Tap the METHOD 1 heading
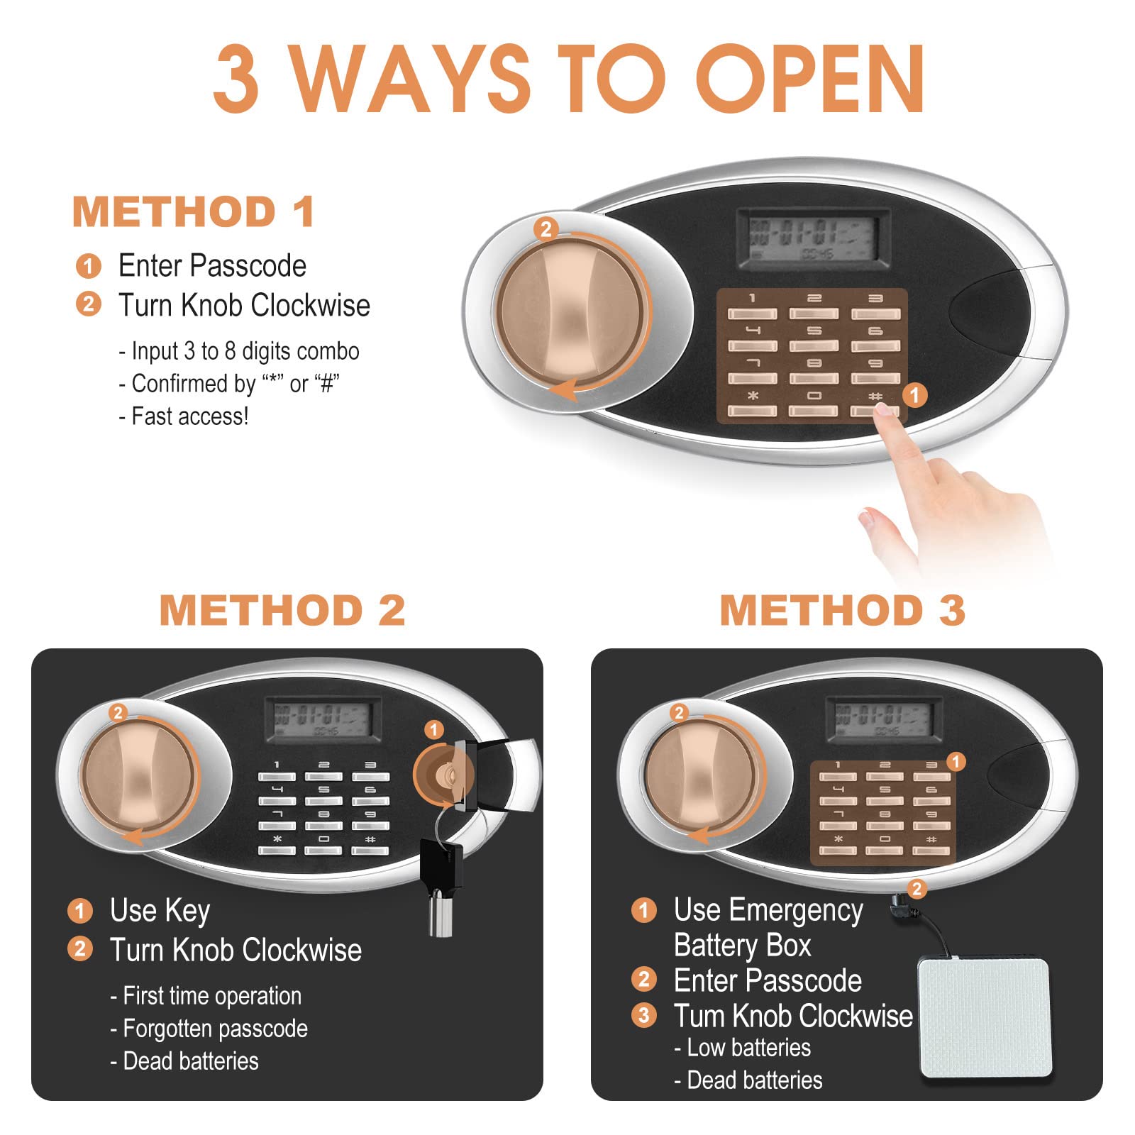point(194,211)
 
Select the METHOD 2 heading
point(282,610)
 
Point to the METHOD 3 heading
point(843,610)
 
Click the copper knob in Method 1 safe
point(572,311)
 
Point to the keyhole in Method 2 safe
point(445,775)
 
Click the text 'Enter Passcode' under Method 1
point(212,266)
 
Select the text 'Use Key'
point(160,911)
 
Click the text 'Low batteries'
point(742,1048)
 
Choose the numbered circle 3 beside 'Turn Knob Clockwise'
point(643,1015)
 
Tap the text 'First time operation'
point(206,996)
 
